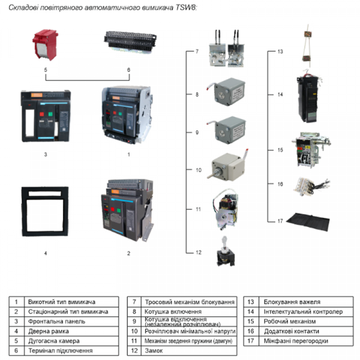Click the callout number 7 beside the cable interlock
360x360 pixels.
pyautogui.click(x=196, y=52)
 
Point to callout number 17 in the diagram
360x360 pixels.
pyautogui.click(x=280, y=221)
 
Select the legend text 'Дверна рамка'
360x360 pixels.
pyautogui.click(x=49, y=331)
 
